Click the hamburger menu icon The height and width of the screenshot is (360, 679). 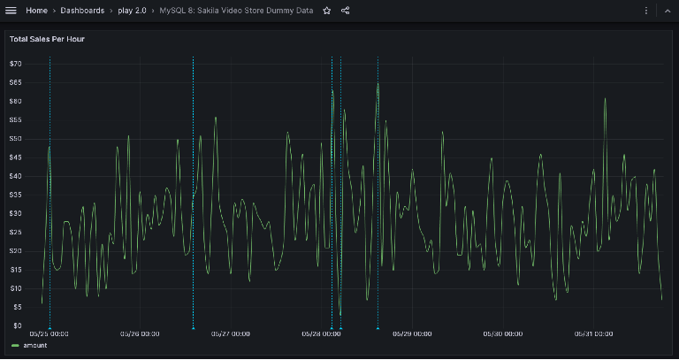[11, 11]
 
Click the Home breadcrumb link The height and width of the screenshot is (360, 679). [36, 11]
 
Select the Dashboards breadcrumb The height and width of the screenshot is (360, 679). [82, 11]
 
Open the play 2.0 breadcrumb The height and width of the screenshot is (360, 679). [133, 11]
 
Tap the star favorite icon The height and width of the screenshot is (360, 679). [327, 11]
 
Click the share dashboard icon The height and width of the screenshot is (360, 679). [345, 11]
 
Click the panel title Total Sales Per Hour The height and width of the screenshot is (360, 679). [47, 39]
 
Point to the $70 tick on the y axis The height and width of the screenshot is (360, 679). [15, 64]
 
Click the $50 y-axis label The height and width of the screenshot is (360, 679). [15, 139]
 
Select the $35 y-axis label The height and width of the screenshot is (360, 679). [15, 195]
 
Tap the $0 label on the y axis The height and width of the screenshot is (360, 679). [17, 326]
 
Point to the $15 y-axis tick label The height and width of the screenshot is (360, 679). [15, 270]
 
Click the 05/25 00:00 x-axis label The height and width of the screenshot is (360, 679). [50, 334]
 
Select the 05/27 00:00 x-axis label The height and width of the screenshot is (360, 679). [231, 334]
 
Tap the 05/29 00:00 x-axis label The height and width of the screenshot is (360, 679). [413, 334]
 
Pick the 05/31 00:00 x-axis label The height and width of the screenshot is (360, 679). [594, 334]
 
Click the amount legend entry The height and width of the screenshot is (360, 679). [34, 345]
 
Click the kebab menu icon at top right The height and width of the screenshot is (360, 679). [646, 11]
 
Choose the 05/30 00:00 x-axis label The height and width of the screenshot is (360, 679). [503, 334]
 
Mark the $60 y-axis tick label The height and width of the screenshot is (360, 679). [15, 101]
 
